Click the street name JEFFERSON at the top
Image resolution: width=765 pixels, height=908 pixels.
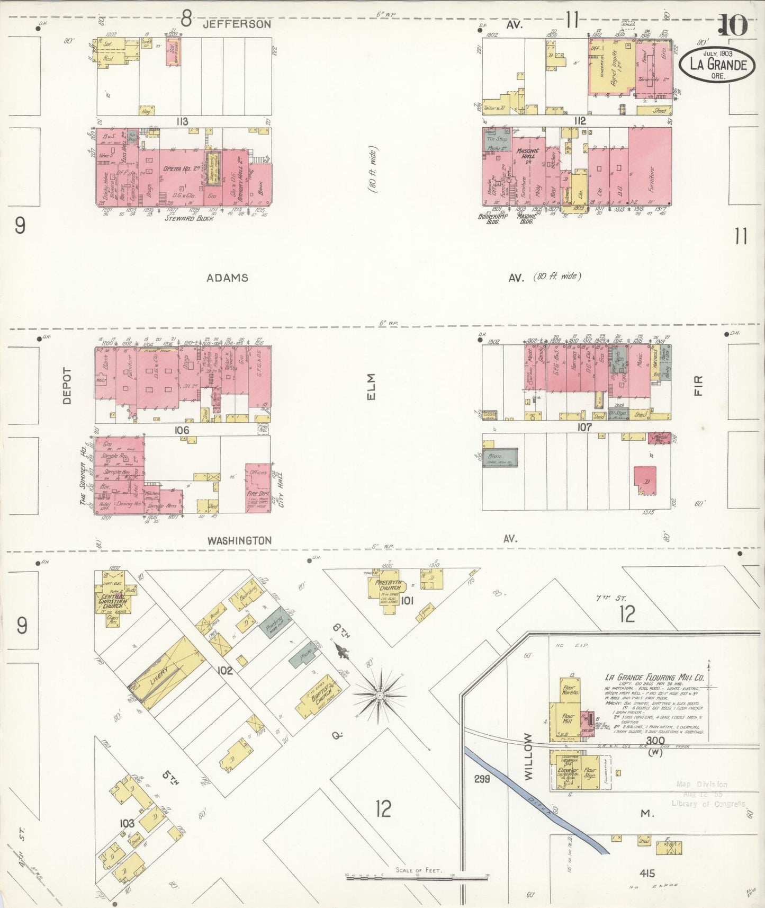pyautogui.click(x=237, y=24)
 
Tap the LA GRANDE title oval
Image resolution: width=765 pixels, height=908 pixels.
pyautogui.click(x=717, y=65)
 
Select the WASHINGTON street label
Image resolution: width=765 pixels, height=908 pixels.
pyautogui.click(x=239, y=540)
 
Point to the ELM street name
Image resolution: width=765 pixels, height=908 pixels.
pyautogui.click(x=370, y=387)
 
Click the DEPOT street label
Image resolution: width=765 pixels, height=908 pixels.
pyautogui.click(x=67, y=386)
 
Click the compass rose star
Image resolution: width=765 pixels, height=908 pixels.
pyautogui.click(x=380, y=694)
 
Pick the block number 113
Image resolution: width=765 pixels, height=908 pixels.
pyautogui.click(x=183, y=122)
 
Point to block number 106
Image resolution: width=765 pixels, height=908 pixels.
pyautogui.click(x=182, y=430)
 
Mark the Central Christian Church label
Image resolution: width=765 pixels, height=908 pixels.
pyautogui.click(x=113, y=600)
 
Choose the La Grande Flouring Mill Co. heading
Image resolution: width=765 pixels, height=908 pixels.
pyautogui.click(x=654, y=677)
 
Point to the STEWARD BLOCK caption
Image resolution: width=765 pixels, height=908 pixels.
pyautogui.click(x=189, y=218)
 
